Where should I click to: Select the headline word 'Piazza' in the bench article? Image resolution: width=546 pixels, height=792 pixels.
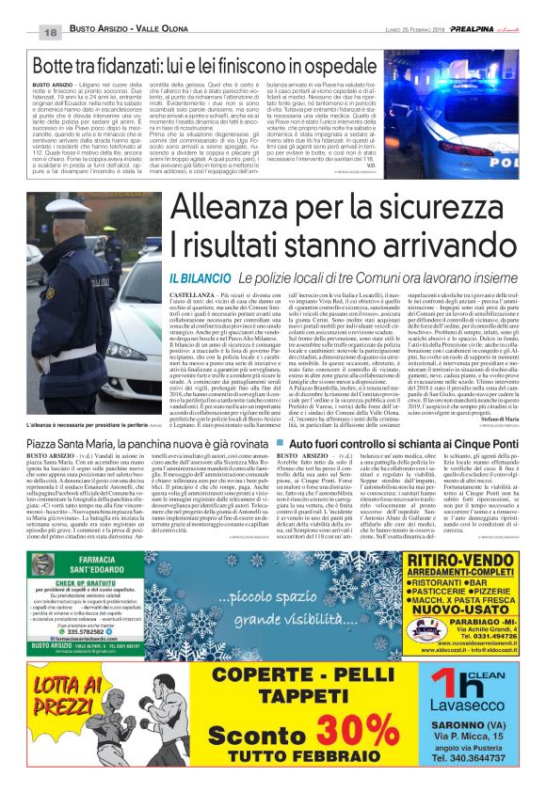point(47,443)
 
